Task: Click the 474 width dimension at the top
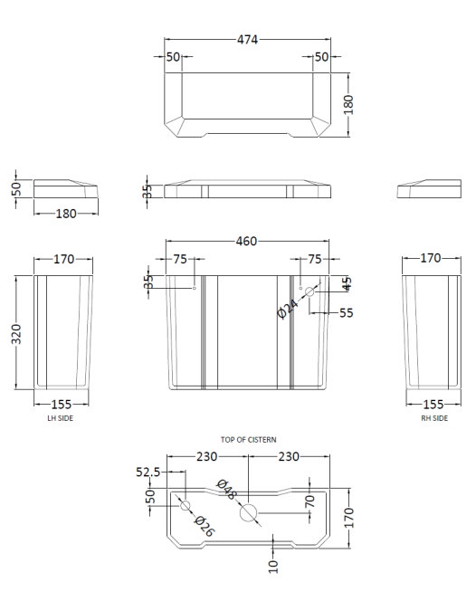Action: point(248,40)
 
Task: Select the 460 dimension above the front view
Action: point(246,241)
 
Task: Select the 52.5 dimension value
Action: point(148,473)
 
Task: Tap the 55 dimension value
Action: point(346,313)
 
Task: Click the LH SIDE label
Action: point(61,418)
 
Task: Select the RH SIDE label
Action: point(433,418)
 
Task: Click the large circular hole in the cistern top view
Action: point(248,513)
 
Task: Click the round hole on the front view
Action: point(309,291)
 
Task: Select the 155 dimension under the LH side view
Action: point(62,405)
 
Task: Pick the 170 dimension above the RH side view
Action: point(431,259)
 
